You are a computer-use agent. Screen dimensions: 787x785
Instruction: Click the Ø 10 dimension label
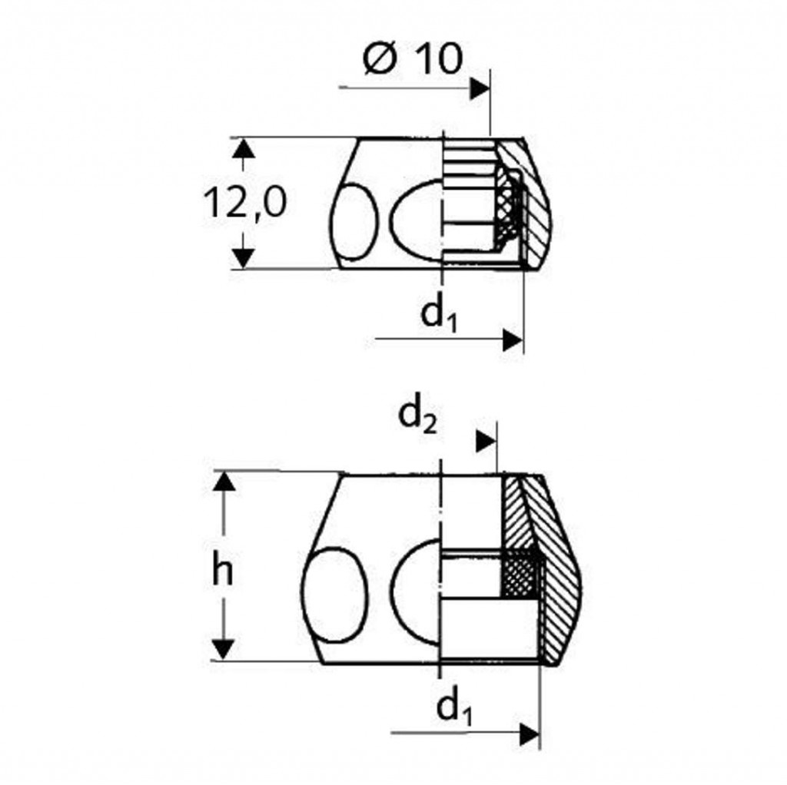pyautogui.click(x=412, y=58)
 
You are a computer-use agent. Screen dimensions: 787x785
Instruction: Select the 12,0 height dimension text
pyautogui.click(x=245, y=202)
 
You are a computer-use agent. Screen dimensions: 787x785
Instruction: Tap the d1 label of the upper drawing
pyautogui.click(x=439, y=314)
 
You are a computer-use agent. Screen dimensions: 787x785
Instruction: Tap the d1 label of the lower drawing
pyautogui.click(x=455, y=707)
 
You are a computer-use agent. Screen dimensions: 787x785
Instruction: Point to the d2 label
pyautogui.click(x=417, y=417)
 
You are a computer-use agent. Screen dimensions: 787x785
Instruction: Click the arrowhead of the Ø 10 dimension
pyautogui.click(x=480, y=88)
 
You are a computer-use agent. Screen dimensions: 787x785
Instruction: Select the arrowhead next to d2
pyautogui.click(x=486, y=441)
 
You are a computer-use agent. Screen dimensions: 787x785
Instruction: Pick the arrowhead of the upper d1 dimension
pyautogui.click(x=513, y=340)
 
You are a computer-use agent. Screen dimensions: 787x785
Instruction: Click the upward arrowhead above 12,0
pyautogui.click(x=244, y=148)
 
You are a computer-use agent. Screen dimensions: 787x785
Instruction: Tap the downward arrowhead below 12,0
pyautogui.click(x=244, y=258)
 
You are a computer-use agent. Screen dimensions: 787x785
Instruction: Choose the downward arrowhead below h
pyautogui.click(x=224, y=650)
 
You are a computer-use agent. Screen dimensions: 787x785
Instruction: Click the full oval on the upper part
pyautogui.click(x=354, y=222)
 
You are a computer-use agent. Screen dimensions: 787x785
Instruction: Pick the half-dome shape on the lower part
pyautogui.click(x=416, y=591)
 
